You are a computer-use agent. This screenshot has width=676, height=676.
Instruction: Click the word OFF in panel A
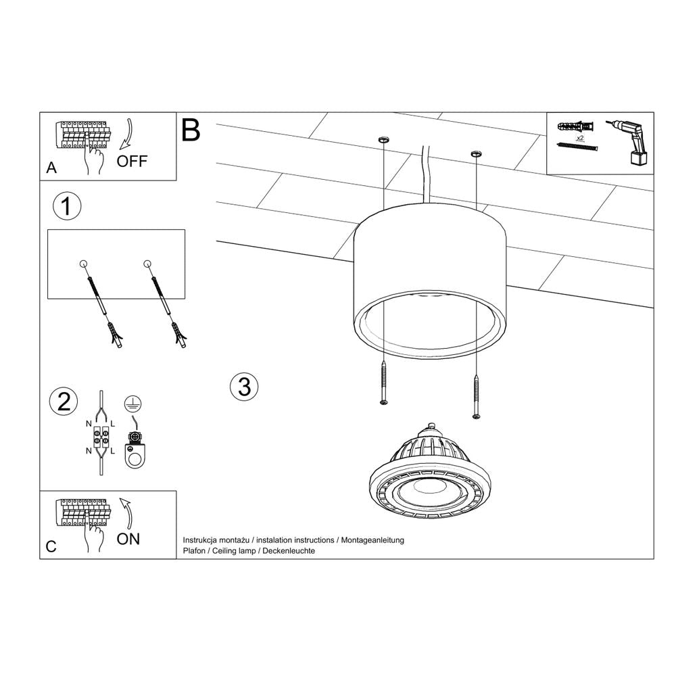(x=130, y=161)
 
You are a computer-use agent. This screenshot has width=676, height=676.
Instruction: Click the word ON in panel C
(x=128, y=538)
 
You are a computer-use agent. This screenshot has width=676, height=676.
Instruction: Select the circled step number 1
(x=66, y=207)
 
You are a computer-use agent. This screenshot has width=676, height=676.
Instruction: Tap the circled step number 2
(x=64, y=402)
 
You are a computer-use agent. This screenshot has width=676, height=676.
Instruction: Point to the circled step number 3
(x=244, y=387)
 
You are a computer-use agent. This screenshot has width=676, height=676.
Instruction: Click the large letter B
(x=191, y=130)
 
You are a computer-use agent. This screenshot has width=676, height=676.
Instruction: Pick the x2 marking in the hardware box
(x=579, y=137)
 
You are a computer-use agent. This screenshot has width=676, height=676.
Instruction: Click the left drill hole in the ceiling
(x=383, y=139)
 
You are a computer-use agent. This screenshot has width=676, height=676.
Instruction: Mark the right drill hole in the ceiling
(x=476, y=154)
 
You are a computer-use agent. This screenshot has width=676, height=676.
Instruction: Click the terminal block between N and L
(x=101, y=436)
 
